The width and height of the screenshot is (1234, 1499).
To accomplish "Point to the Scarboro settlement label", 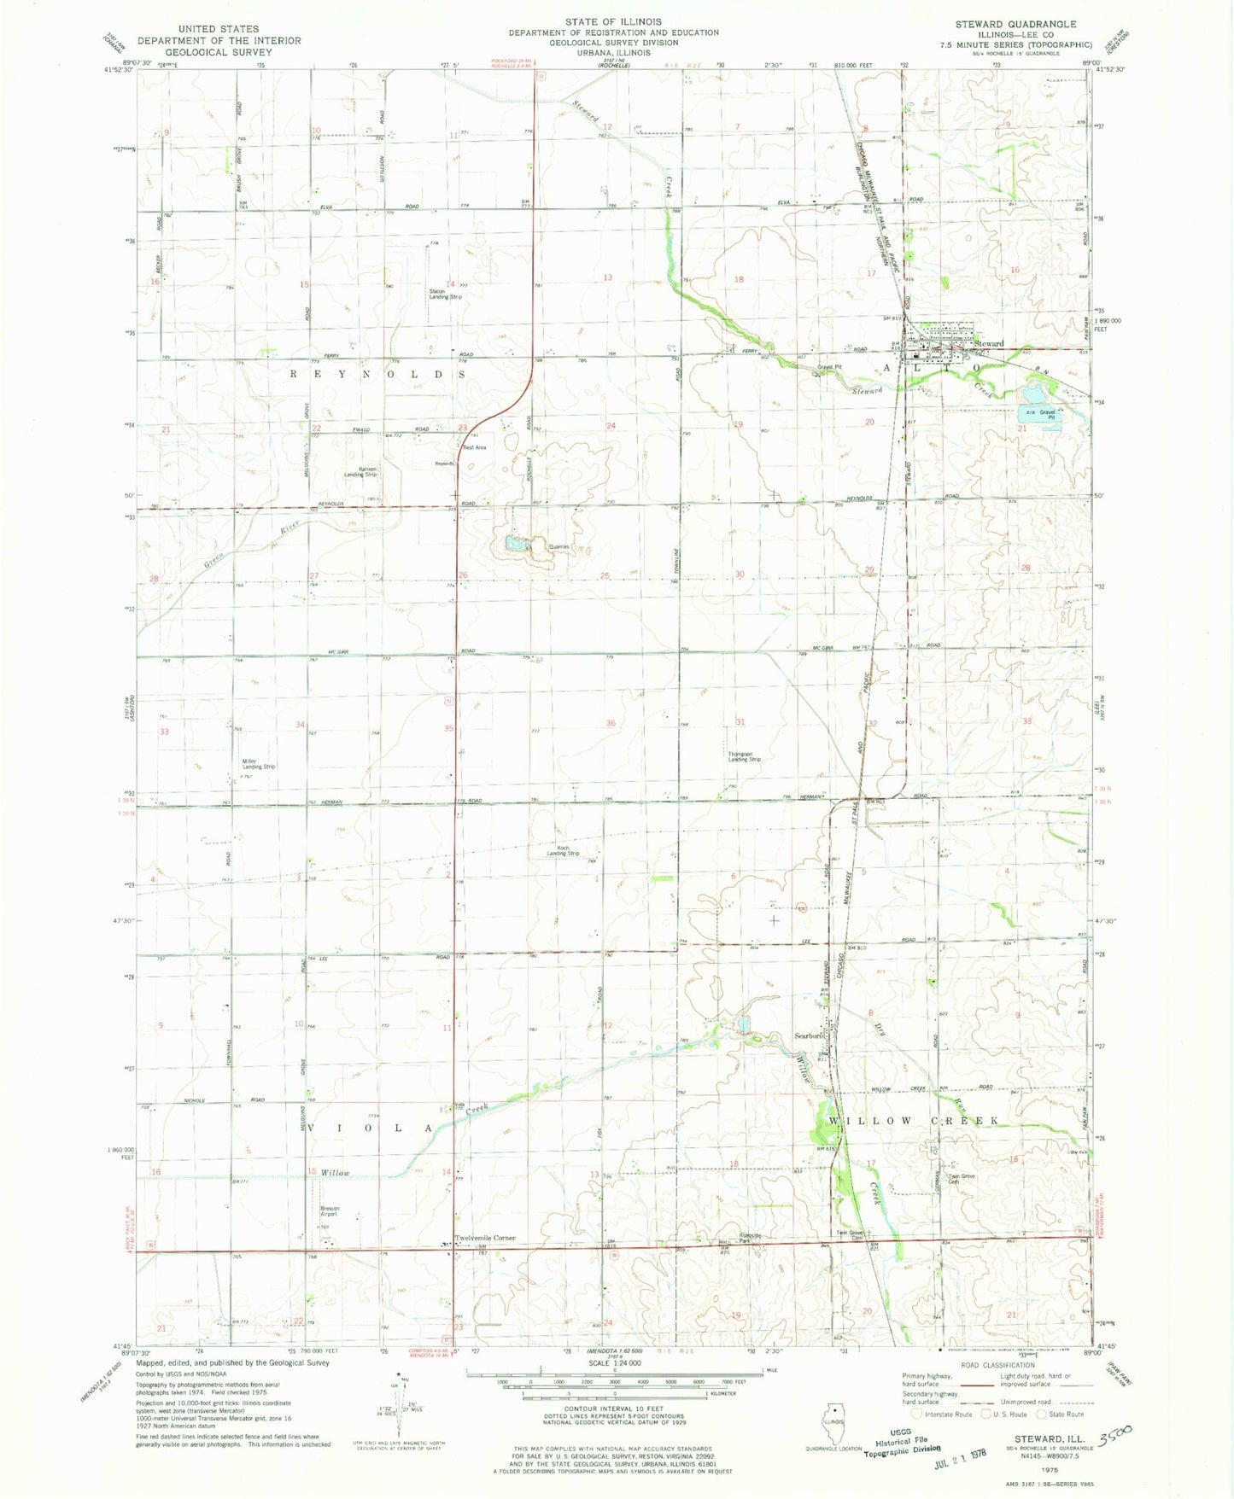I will (809, 1036).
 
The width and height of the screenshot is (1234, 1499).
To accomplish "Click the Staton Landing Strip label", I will (445, 295).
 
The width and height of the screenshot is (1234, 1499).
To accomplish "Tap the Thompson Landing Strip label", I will (744, 756).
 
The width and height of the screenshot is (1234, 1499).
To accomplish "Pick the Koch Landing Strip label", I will (563, 851).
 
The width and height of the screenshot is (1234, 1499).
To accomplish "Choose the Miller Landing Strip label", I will (258, 764).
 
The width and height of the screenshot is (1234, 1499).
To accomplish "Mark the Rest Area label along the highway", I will (474, 447).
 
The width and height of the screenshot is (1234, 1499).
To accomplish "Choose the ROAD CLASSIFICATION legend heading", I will (999, 1365).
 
